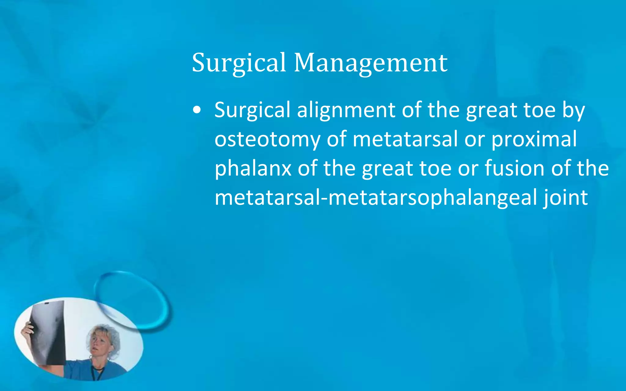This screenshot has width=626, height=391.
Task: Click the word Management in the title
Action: click(370, 63)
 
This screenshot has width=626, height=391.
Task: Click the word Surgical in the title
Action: click(239, 63)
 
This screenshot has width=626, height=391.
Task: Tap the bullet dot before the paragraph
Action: click(197, 110)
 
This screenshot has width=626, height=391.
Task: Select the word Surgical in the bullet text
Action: click(252, 110)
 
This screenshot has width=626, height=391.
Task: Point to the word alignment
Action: click(346, 110)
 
